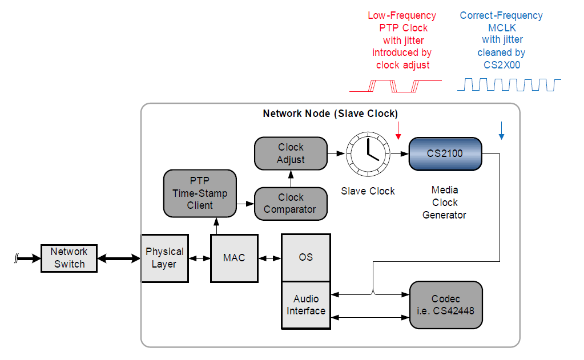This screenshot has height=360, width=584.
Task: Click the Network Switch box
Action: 69,258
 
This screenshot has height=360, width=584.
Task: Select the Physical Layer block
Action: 164,258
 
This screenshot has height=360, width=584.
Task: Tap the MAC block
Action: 234,258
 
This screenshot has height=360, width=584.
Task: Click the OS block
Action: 306,257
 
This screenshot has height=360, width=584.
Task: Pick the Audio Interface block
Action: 306,305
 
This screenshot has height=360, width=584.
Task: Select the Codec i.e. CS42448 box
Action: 446,305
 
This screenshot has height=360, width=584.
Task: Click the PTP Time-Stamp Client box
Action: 200,193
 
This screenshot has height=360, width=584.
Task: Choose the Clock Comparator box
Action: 291,204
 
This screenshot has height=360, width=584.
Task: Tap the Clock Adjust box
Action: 291,153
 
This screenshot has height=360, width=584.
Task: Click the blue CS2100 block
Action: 445,153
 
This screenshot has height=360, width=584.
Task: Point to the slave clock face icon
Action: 368,154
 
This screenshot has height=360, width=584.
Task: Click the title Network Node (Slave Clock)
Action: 330,113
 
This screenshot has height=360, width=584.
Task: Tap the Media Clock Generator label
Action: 444,203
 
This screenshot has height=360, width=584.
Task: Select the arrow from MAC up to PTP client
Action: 216,226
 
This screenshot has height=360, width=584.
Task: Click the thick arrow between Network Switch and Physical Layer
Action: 119,258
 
